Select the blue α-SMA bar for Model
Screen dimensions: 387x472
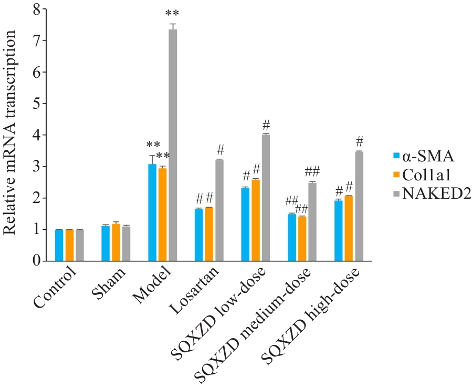click(152, 212)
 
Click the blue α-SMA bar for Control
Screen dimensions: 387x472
click(59, 245)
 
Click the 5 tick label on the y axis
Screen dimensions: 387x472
click(36, 104)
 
